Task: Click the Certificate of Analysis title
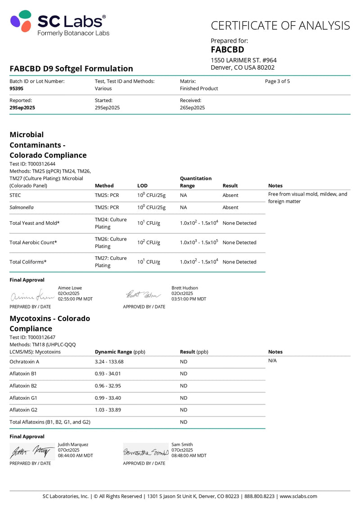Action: click(280, 25)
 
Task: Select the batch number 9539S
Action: click(16, 89)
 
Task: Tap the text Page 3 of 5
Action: click(277, 81)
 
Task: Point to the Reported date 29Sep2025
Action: click(22, 107)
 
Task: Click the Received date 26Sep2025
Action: click(192, 107)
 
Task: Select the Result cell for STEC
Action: click(230, 195)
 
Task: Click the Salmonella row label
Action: click(22, 207)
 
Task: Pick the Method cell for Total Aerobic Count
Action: click(111, 242)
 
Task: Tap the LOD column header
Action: click(142, 185)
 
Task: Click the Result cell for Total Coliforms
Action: click(239, 262)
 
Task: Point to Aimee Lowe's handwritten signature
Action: click(32, 296)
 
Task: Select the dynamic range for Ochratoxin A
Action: click(109, 362)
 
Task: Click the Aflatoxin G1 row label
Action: click(23, 398)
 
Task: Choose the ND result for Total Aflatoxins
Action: click(184, 422)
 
